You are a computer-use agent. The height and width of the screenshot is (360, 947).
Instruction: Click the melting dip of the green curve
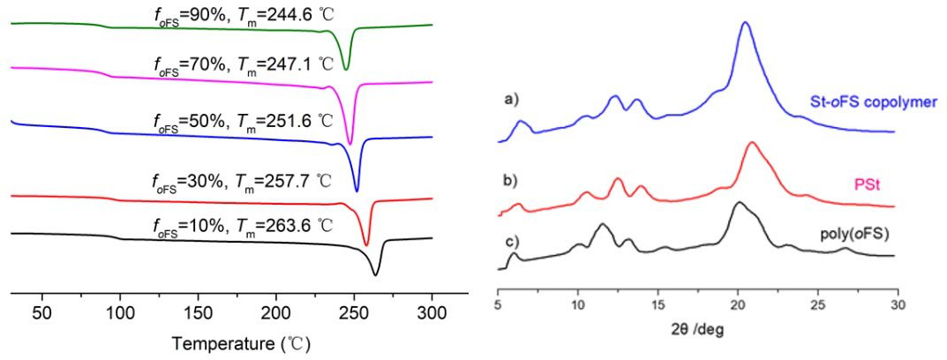click(x=345, y=69)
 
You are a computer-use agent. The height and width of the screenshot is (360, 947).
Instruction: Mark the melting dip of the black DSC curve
click(x=376, y=274)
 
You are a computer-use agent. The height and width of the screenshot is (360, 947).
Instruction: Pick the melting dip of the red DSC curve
click(x=366, y=244)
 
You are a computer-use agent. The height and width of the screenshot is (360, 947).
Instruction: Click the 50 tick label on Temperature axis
click(x=41, y=313)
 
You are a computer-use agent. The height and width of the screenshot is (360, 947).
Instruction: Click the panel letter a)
click(x=510, y=100)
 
